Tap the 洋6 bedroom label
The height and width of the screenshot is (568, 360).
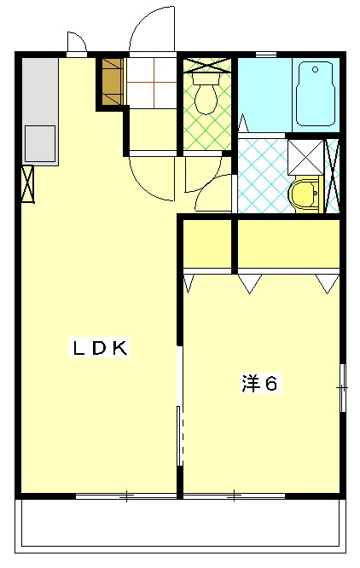click(x=260, y=384)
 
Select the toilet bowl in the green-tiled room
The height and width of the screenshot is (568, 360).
click(x=206, y=99)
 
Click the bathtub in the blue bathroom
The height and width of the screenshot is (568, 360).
click(x=315, y=94)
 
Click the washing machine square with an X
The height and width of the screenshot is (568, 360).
click(x=305, y=157)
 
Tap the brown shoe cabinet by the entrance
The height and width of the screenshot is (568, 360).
click(x=113, y=82)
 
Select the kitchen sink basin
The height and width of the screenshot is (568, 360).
click(x=40, y=143)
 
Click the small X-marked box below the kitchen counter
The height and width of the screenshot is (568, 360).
click(x=27, y=183)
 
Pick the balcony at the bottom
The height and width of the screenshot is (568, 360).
click(x=180, y=526)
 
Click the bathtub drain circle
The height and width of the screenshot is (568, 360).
click(x=315, y=70)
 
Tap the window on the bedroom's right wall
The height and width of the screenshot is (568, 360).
click(x=343, y=387)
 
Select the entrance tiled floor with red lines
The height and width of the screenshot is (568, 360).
click(x=152, y=82)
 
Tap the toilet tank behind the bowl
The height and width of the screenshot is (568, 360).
click(x=206, y=78)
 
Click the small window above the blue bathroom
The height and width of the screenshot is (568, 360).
click(x=266, y=55)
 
